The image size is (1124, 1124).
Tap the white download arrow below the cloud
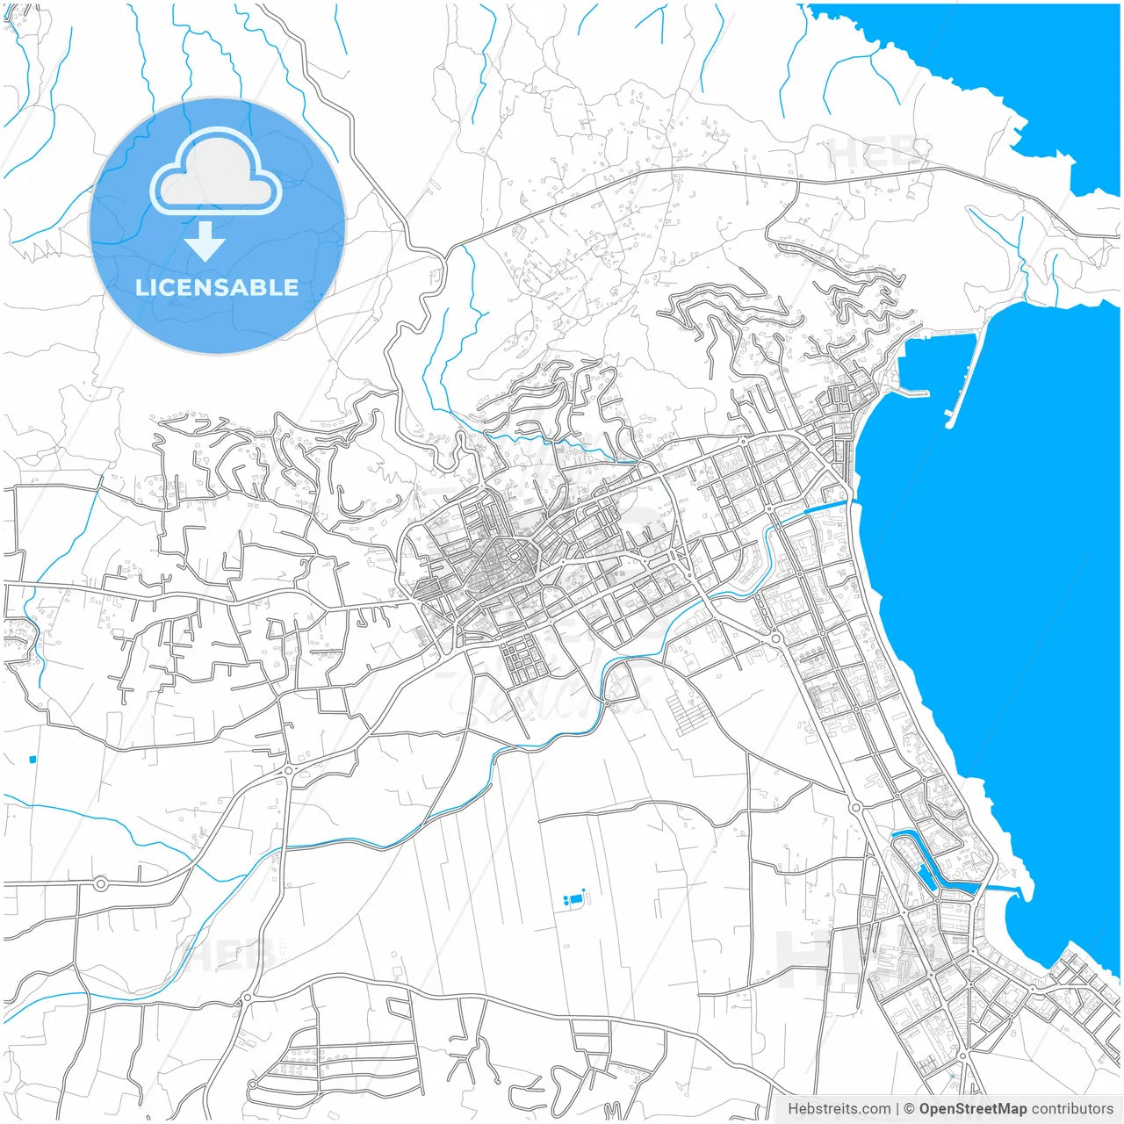pyautogui.click(x=205, y=241)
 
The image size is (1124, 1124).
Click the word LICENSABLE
pyautogui.click(x=217, y=287)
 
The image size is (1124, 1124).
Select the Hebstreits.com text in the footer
pyautogui.click(x=839, y=1108)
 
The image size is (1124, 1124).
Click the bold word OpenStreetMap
pyautogui.click(x=972, y=1108)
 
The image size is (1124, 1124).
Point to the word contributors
pyautogui.click(x=1071, y=1108)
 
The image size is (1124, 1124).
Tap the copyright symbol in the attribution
pyautogui.click(x=909, y=1108)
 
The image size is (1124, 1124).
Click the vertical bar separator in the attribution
pyautogui.click(x=897, y=1108)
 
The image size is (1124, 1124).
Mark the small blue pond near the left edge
pyautogui.click(x=32, y=759)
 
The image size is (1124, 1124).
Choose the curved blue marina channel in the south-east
pyautogui.click(x=922, y=865)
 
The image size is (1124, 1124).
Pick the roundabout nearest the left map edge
pyautogui.click(x=100, y=883)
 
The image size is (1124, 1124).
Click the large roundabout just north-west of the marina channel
pyautogui.click(x=855, y=806)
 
